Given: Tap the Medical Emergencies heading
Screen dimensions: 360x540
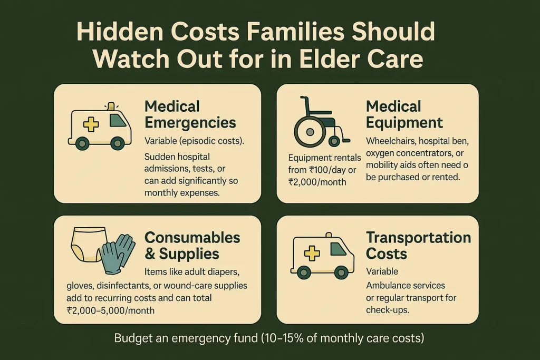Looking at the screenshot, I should tap(190, 114).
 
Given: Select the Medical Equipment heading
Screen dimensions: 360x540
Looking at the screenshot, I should tap(404, 114).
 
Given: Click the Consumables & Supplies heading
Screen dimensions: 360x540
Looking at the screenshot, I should tap(192, 245).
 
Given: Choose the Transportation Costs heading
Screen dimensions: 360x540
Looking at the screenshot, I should tap(419, 245).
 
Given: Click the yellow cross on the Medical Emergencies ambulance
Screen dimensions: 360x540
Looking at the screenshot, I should tap(91, 125).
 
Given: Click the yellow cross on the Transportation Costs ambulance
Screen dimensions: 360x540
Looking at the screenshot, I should tap(312, 254).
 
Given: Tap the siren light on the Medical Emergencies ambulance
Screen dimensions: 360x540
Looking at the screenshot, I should tap(110, 106).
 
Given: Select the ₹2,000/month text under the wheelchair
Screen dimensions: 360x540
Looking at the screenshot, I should tap(317, 182).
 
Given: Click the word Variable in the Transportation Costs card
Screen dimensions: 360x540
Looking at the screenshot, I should tap(382, 272).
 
